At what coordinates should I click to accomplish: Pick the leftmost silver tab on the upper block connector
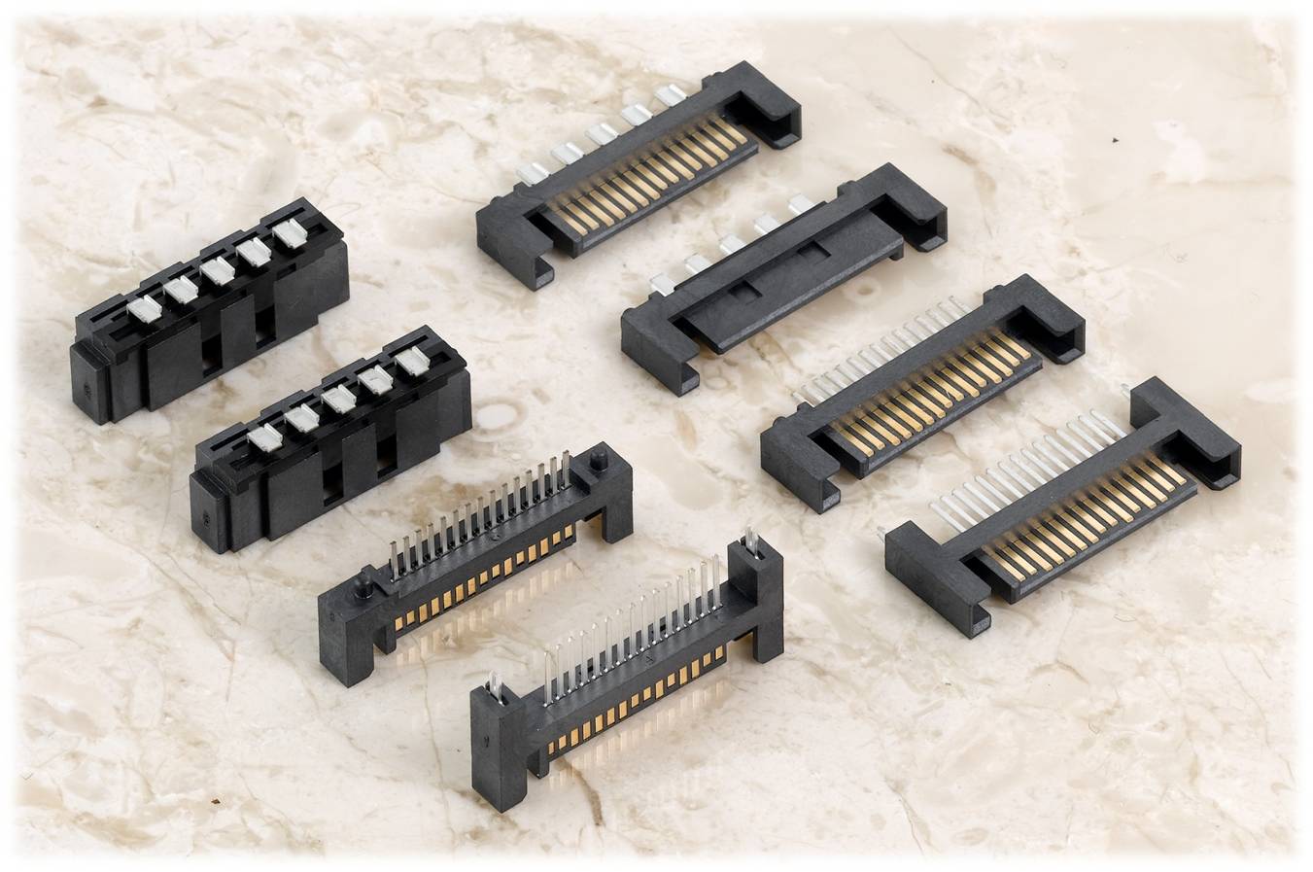pos(145,309)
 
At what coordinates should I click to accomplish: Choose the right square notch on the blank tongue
pos(809,254)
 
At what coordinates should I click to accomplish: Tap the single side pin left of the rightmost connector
pos(882,532)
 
